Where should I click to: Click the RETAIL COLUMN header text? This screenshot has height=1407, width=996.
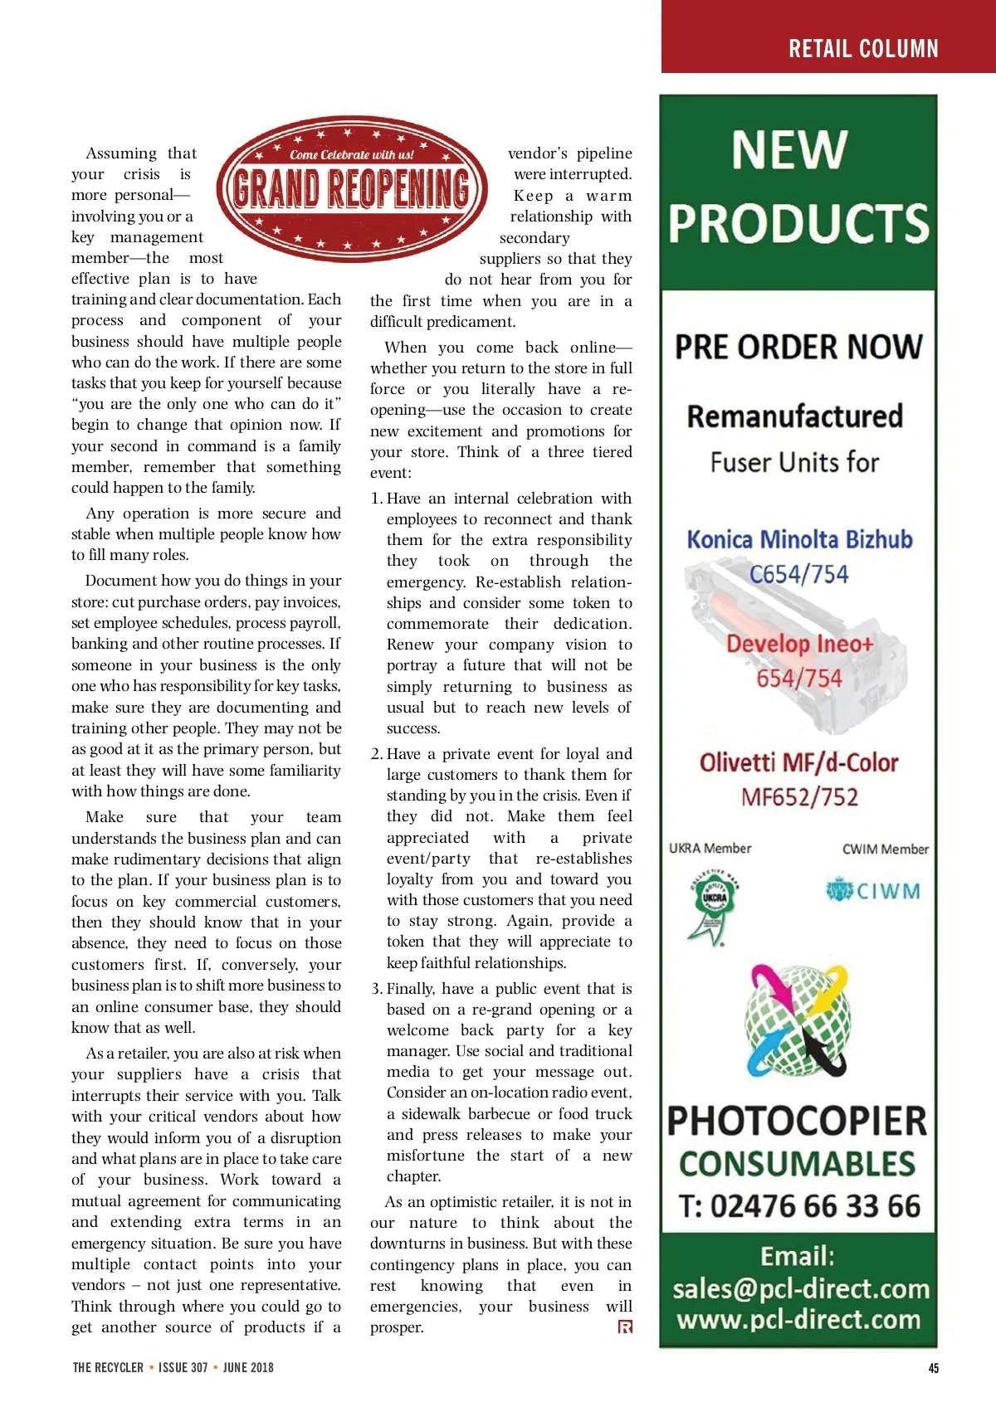(863, 49)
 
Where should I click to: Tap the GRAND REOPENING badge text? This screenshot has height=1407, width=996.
(351, 188)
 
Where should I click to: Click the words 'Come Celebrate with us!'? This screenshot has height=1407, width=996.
(351, 154)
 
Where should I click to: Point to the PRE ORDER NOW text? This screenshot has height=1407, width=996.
(798, 347)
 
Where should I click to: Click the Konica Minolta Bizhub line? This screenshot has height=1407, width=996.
(799, 539)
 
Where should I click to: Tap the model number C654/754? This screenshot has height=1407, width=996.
(798, 574)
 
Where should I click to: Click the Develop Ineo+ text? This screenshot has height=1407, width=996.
(799, 644)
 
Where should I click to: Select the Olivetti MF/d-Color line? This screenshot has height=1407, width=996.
(798, 762)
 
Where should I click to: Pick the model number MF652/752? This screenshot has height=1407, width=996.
(799, 797)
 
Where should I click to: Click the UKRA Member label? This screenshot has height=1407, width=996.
(710, 848)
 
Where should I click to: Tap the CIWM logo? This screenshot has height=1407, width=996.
(873, 891)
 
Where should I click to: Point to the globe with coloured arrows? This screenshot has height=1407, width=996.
(798, 1020)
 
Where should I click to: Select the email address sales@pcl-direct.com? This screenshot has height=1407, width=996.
(800, 1288)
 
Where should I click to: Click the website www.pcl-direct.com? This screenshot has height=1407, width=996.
(798, 1319)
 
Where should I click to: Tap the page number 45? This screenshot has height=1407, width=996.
(934, 1368)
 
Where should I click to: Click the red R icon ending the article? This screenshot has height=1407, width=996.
(625, 1327)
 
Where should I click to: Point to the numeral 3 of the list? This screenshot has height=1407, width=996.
(376, 989)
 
